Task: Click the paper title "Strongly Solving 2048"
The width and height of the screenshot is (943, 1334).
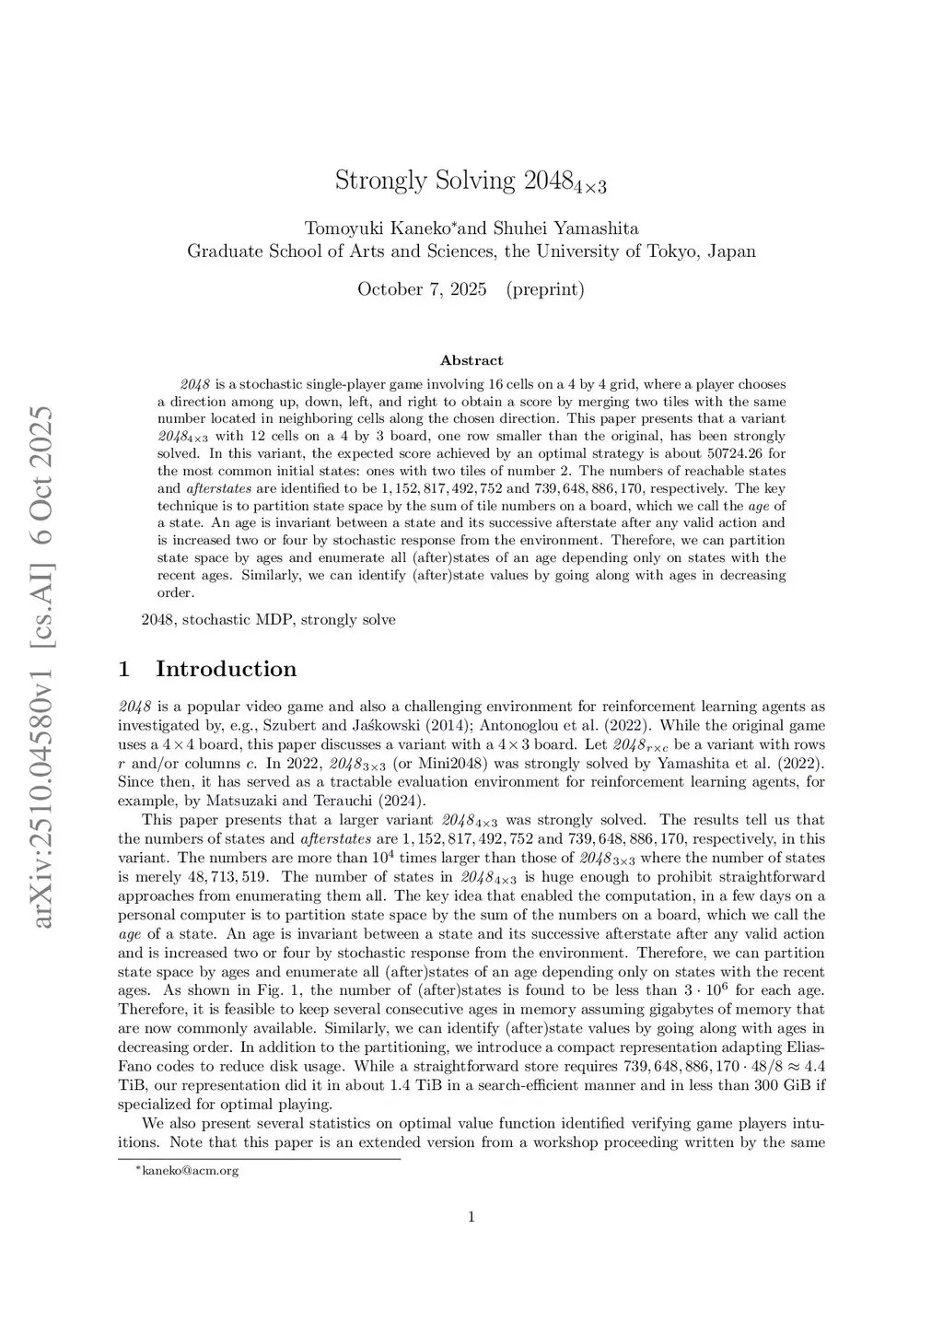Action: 471,181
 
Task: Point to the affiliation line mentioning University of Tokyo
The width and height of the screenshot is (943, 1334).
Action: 471,251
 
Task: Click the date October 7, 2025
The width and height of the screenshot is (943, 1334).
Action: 422,289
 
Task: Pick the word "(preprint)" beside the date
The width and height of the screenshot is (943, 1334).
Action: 545,289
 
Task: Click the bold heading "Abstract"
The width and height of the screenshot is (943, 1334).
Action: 471,360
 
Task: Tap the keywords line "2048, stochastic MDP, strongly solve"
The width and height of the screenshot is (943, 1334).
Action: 268,619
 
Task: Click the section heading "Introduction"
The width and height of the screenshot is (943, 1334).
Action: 226,669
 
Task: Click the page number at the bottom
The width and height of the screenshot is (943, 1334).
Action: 471,1217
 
